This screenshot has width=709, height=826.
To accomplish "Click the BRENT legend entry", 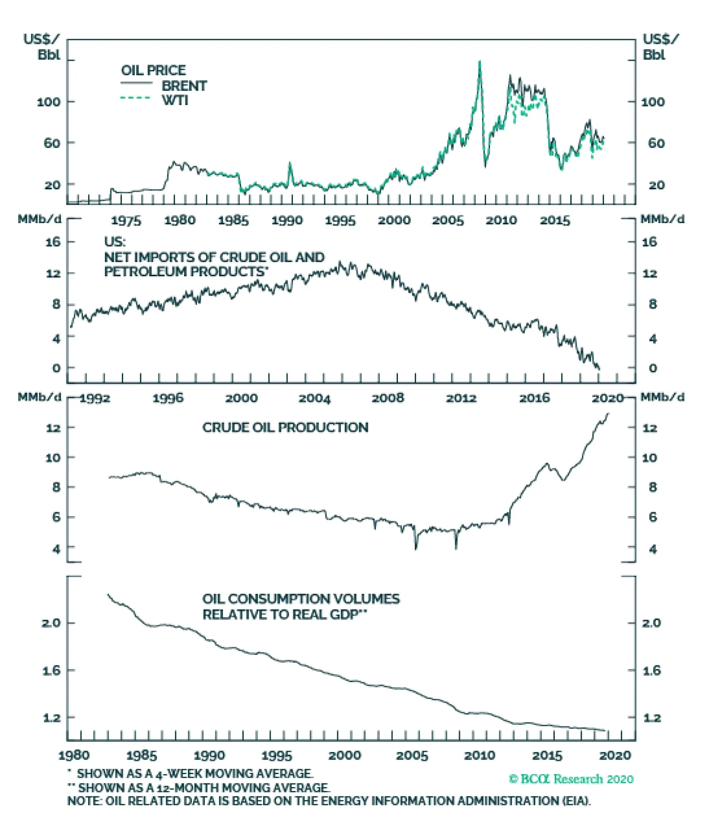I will pyautogui.click(x=184, y=86).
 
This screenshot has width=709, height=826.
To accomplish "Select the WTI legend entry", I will pyautogui.click(x=175, y=100).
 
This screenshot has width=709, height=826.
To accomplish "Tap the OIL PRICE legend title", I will pyautogui.click(x=153, y=70).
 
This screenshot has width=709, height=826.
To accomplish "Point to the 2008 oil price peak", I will pyautogui.click(x=479, y=62).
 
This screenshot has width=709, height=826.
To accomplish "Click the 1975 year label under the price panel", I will pyautogui.click(x=126, y=220).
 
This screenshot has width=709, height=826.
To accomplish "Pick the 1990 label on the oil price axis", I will pyautogui.click(x=287, y=220).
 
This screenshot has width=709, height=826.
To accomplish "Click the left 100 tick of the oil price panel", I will pyautogui.click(x=49, y=102).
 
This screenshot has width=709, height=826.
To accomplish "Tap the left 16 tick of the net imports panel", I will pyautogui.click(x=53, y=242).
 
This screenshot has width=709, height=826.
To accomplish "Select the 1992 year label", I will pyautogui.click(x=95, y=398).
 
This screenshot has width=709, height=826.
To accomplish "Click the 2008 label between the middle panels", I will pyautogui.click(x=388, y=398).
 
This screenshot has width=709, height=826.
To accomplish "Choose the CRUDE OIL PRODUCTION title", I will pyautogui.click(x=285, y=427).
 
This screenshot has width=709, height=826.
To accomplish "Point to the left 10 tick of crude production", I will pyautogui.click(x=53, y=458).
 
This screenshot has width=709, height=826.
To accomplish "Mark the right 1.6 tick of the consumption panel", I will pyautogui.click(x=651, y=670).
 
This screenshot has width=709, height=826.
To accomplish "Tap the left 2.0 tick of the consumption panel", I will pyautogui.click(x=51, y=623).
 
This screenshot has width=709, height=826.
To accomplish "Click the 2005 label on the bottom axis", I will pyautogui.click(x=412, y=756).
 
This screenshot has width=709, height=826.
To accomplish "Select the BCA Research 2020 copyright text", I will pyautogui.click(x=571, y=779).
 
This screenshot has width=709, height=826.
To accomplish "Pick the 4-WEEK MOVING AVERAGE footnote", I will pyautogui.click(x=195, y=774).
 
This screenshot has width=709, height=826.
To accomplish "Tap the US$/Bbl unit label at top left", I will pyautogui.click(x=41, y=47).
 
